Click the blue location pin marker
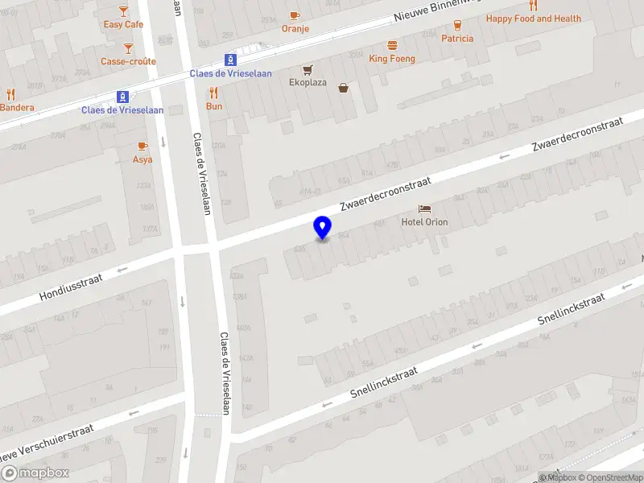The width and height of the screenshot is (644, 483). click(323, 228)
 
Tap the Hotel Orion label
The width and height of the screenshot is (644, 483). click(425, 222)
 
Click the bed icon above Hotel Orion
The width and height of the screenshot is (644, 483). click(425, 208)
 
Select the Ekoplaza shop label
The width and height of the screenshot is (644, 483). click(308, 82)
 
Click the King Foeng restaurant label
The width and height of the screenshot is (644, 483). click(392, 59)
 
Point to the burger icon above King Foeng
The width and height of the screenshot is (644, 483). click(392, 45)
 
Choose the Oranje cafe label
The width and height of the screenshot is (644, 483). click(295, 29)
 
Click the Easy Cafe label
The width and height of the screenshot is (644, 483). click(123, 24)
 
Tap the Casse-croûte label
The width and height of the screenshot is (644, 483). click(128, 61)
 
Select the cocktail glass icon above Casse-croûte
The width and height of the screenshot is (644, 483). click(128, 48)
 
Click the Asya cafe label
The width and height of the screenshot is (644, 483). click(142, 159)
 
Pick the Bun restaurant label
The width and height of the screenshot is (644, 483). click(214, 106)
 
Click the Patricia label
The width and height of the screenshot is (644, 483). click(457, 38)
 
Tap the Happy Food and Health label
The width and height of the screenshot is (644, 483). click(533, 19)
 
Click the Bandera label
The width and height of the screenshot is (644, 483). click(17, 108)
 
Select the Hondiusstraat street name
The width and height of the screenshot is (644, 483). click(72, 287)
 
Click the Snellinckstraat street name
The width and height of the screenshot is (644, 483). click(385, 383)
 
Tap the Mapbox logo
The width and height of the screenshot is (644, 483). click(34, 473)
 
